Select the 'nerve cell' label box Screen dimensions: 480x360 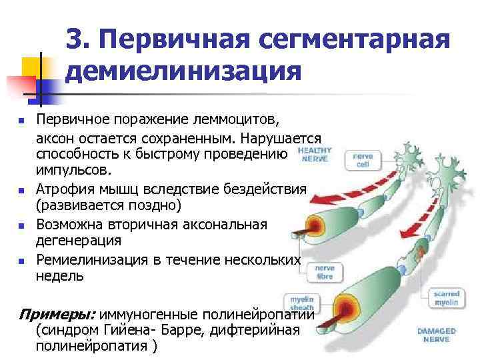pos(363,161)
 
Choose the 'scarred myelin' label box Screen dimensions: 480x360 pos(446,298)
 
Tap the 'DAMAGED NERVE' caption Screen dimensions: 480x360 pos(437,335)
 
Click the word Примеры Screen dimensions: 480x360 pos(57,314)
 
